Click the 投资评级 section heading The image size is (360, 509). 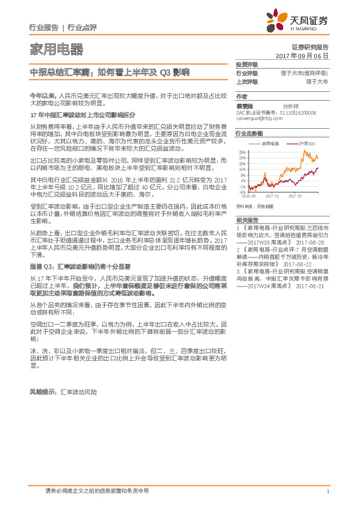pyautogui.click(x=247, y=65)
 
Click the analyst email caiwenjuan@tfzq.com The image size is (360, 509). pyautogui.click(x=260, y=118)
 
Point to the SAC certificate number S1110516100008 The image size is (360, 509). pyautogui.click(x=298, y=113)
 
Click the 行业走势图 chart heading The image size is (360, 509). pyautogui.click(x=249, y=133)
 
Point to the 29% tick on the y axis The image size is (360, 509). pyautogui.click(x=243, y=152)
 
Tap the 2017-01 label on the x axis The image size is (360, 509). pyautogui.click(x=272, y=196)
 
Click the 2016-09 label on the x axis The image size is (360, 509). pyautogui.click(x=248, y=196)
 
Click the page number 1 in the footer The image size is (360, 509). pyautogui.click(x=327, y=491)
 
